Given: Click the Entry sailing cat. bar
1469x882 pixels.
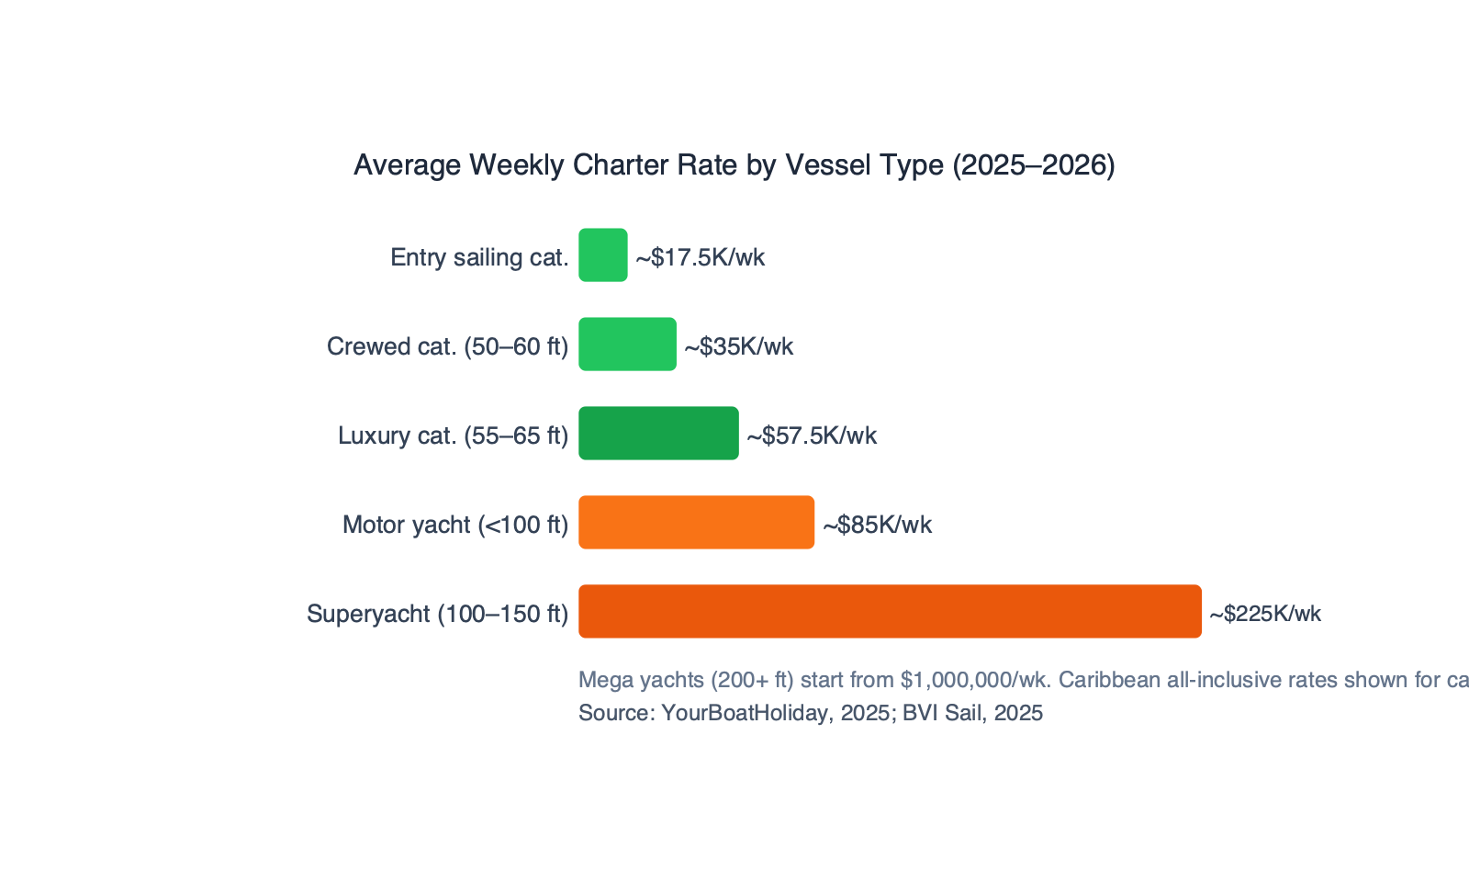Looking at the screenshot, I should [603, 254].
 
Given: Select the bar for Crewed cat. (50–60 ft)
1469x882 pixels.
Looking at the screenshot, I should [627, 345].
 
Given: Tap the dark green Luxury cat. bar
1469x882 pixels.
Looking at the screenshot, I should [658, 433].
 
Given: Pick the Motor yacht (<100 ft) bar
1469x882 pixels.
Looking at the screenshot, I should [696, 523].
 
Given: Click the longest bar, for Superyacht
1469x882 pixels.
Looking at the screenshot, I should [890, 611].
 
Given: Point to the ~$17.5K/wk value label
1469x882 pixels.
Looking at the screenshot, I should [701, 257].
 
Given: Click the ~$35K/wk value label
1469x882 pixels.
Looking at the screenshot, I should [739, 346].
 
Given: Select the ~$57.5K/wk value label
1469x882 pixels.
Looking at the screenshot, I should [812, 435].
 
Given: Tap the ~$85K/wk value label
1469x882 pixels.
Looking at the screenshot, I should [877, 525].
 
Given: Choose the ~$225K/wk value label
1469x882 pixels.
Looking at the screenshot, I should [1265, 614].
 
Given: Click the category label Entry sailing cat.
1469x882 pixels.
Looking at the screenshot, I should [479, 257].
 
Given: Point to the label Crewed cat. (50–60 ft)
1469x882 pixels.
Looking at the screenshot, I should [447, 346].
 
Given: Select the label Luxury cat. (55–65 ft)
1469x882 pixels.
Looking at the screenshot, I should [453, 435].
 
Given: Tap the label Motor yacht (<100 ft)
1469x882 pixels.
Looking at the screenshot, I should [455, 525].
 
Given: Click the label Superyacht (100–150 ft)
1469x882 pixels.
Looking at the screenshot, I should [437, 614].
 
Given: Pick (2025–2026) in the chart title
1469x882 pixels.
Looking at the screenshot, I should [1033, 164].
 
